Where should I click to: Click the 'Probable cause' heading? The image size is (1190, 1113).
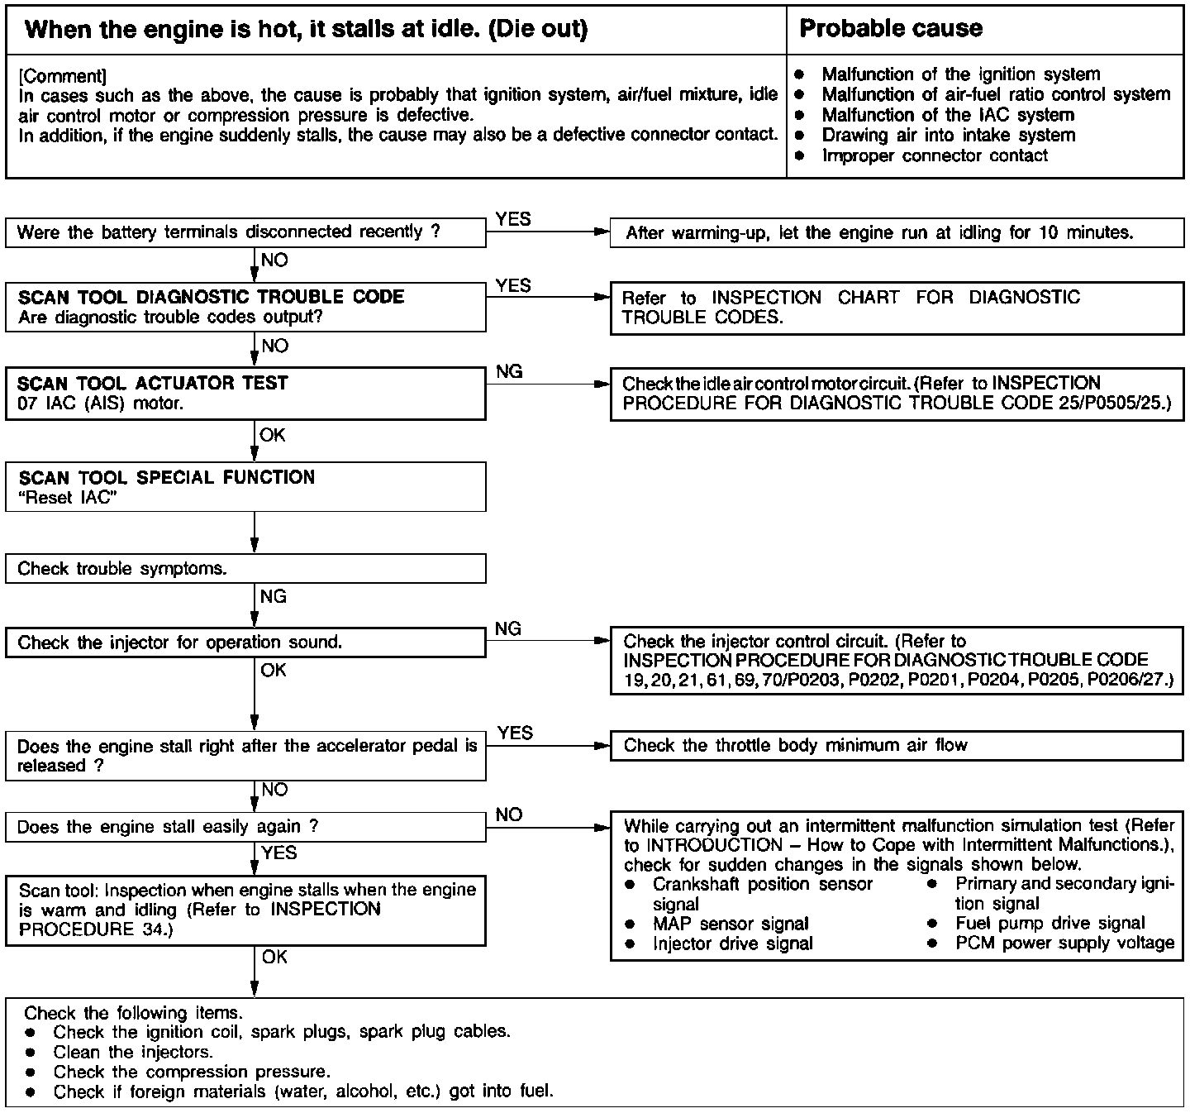[x=891, y=29]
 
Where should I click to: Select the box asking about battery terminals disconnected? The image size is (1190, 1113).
[x=245, y=232]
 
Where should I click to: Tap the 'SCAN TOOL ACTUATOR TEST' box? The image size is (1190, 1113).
[x=245, y=394]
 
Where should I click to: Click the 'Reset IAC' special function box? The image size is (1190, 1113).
[x=245, y=487]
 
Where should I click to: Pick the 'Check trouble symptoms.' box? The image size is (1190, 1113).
[x=245, y=569]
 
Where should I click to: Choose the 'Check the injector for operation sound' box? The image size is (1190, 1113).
[x=245, y=642]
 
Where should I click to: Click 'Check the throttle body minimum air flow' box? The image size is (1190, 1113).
[x=896, y=746]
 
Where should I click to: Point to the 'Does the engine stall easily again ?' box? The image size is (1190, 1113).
[x=245, y=827]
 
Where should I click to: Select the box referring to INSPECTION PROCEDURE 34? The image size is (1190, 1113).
[x=245, y=910]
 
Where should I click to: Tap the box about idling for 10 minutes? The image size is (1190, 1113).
[x=896, y=232]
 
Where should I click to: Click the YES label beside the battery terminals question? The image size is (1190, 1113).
[x=513, y=219]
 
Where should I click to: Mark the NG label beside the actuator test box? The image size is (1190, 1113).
[x=509, y=372]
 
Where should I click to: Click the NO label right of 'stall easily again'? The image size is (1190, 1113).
[x=509, y=814]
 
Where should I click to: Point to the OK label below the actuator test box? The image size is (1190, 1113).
[x=273, y=435]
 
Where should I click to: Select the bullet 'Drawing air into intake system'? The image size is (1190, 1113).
[x=948, y=135]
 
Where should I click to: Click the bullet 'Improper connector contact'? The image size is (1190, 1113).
[x=934, y=155]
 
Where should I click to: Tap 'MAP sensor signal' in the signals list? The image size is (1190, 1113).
[x=731, y=924]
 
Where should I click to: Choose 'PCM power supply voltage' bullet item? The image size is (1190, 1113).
[x=1064, y=943]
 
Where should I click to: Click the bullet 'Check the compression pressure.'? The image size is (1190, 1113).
[x=192, y=1072]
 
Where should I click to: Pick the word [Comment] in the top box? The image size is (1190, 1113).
[x=62, y=76]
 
